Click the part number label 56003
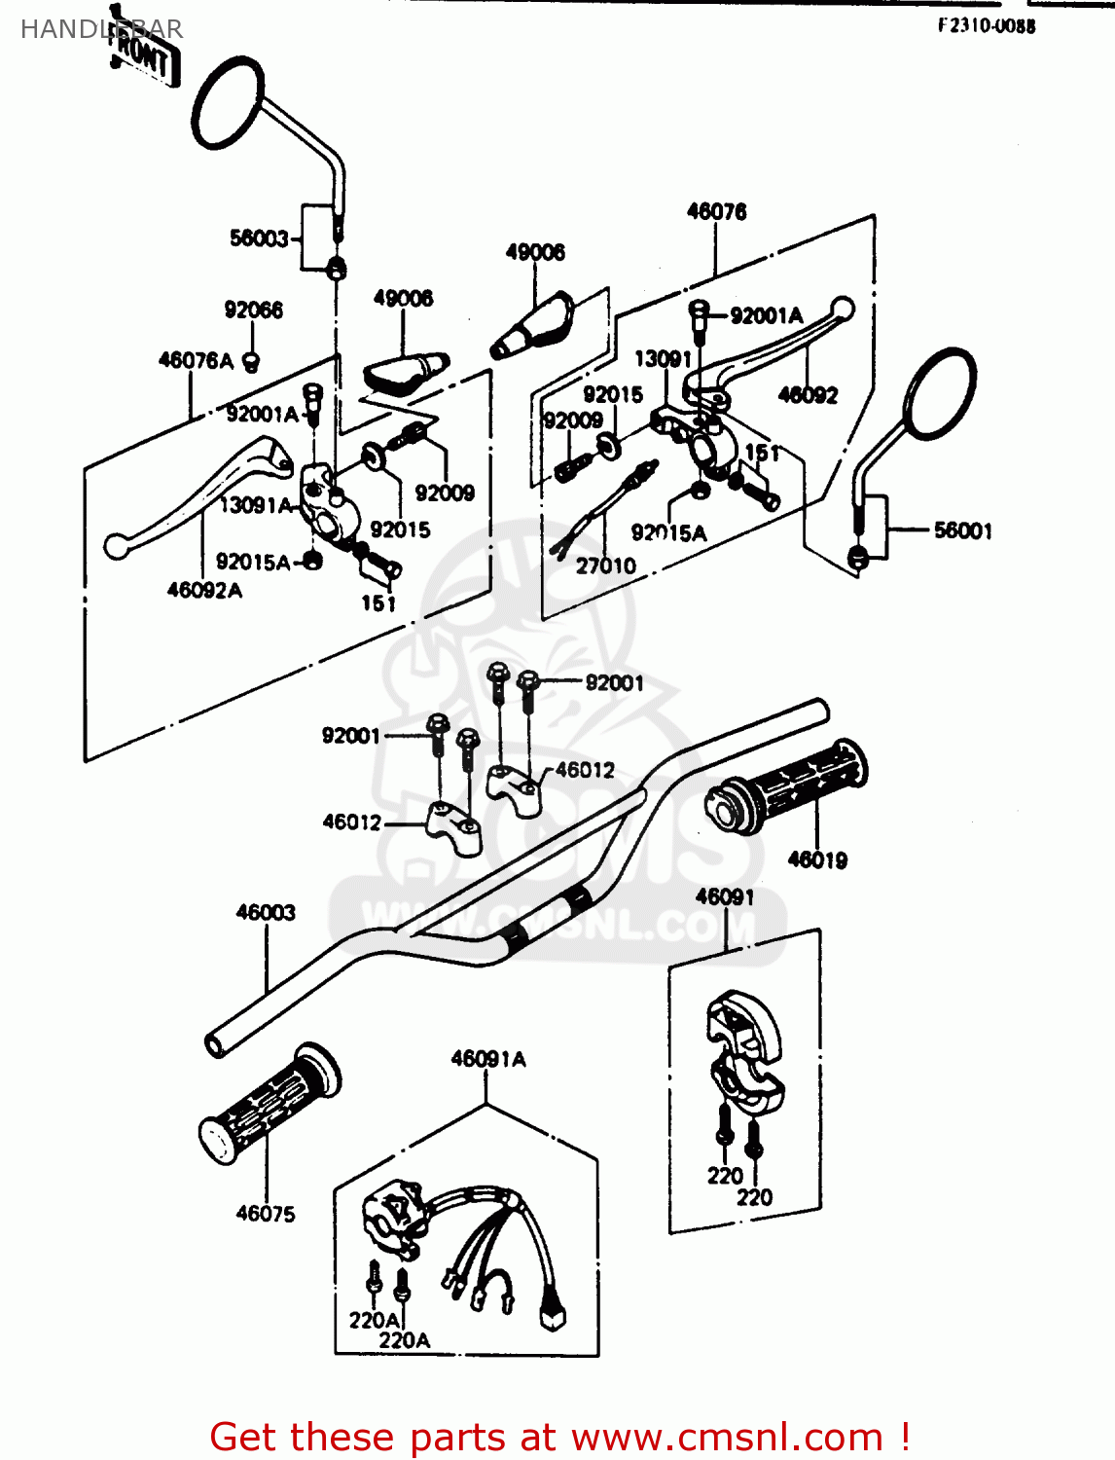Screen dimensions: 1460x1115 (259, 238)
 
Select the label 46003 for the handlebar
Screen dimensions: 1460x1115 (266, 912)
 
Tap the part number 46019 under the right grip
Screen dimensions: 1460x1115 (817, 859)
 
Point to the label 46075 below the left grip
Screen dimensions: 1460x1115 (266, 1213)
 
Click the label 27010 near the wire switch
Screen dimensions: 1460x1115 (605, 566)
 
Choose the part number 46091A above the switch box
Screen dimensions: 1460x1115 (488, 1059)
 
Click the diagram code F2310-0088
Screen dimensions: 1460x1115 (986, 26)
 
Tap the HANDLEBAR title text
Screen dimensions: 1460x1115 (101, 29)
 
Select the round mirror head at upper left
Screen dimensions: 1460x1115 (228, 102)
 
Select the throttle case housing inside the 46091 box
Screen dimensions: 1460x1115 (744, 1051)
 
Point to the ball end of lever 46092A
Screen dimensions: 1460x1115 (117, 546)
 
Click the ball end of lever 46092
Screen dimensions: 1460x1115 (844, 310)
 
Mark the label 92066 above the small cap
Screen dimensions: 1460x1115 (253, 310)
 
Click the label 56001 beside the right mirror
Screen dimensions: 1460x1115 (962, 530)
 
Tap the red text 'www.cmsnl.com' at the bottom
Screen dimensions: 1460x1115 (726, 1437)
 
